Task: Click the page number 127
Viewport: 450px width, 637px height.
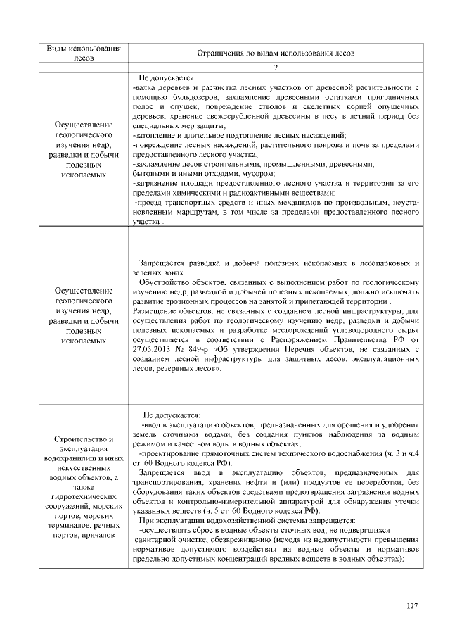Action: tap(413, 607)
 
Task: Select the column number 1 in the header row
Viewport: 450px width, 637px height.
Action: tap(83, 68)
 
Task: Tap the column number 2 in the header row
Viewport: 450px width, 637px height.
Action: tap(276, 68)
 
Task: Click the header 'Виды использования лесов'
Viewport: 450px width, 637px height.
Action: tap(83, 53)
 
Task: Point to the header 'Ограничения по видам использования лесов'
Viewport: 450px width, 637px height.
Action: tap(276, 53)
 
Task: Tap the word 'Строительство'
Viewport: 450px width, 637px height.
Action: tap(79, 439)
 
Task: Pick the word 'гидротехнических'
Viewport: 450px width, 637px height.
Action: tap(83, 497)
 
